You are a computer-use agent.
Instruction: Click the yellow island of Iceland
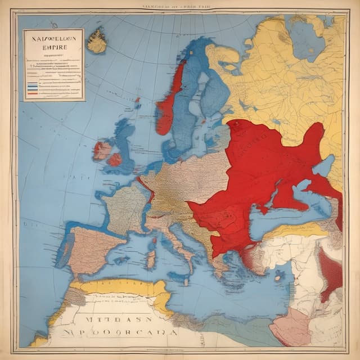tap(97, 42)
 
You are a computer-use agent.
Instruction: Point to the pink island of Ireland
tap(102, 150)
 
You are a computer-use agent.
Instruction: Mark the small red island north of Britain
tap(137, 103)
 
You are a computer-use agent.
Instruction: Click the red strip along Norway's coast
tap(171, 101)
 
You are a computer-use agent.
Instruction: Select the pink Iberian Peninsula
tap(93, 247)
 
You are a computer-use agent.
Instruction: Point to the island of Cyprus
tap(278, 276)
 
